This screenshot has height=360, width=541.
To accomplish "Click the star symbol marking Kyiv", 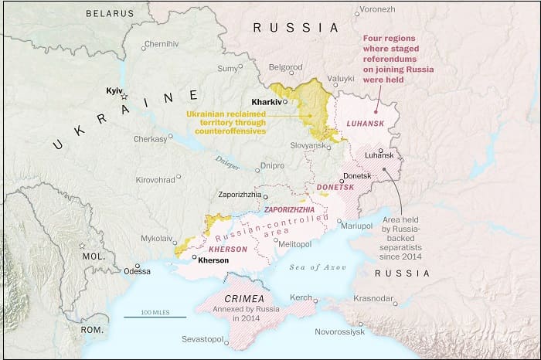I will (124, 97).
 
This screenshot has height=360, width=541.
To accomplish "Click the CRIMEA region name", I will (239, 298).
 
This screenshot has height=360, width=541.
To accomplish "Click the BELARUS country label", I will (109, 13).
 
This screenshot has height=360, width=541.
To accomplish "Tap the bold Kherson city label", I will (213, 260).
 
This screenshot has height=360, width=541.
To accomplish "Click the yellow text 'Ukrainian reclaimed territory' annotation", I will (225, 122).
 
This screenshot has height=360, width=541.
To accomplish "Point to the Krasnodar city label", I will (375, 298).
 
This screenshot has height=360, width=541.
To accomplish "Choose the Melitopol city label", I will (294, 244).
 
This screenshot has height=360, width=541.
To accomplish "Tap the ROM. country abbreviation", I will (94, 329).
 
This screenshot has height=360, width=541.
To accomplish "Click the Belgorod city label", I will (285, 67).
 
